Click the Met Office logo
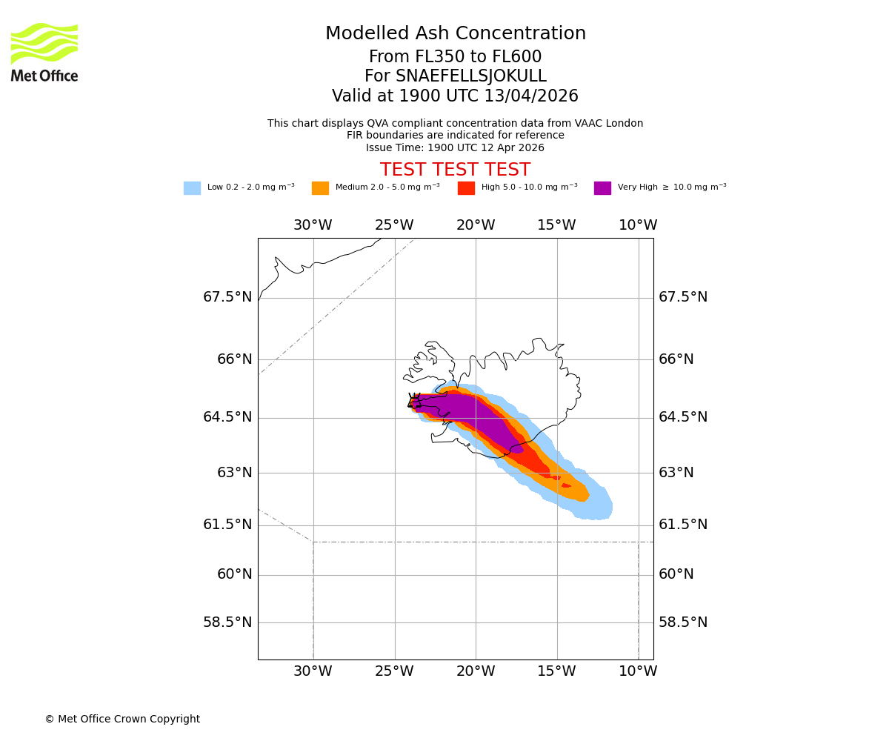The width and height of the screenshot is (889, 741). (44, 52)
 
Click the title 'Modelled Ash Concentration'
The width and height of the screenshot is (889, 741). (455, 34)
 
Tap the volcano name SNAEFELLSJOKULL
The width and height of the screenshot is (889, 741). (455, 76)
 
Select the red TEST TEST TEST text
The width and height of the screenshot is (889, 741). (455, 170)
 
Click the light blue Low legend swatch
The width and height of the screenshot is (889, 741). (192, 188)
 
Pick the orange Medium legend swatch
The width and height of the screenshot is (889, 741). (320, 188)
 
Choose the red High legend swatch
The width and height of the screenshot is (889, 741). (466, 188)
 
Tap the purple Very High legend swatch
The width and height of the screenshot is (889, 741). (602, 188)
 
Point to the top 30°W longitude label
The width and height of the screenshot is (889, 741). (313, 225)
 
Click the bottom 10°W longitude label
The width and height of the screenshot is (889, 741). (638, 671)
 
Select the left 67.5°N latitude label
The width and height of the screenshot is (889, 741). (227, 297)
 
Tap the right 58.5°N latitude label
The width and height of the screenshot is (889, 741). (683, 622)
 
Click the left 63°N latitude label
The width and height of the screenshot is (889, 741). (234, 473)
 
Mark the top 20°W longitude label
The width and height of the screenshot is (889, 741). (476, 225)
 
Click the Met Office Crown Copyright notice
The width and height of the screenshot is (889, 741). (122, 719)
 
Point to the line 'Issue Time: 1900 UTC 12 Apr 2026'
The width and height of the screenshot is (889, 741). (455, 147)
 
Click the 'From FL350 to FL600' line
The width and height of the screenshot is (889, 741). (455, 57)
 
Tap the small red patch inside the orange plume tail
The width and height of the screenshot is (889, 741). (566, 485)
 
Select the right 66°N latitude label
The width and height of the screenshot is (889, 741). (676, 359)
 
